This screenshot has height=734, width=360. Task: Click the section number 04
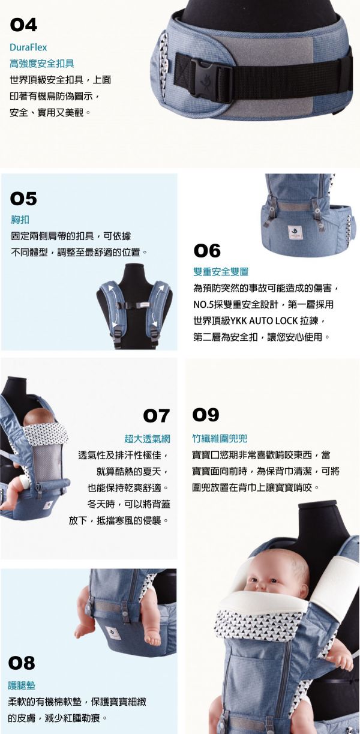(x=24, y=25)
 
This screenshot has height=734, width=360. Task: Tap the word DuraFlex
(x=28, y=47)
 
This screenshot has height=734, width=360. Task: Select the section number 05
(x=24, y=198)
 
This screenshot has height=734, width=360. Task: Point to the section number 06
(x=207, y=251)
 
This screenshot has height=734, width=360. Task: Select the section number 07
(x=157, y=415)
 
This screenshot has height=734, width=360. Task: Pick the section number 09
(x=206, y=415)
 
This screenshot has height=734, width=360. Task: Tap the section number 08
(x=22, y=663)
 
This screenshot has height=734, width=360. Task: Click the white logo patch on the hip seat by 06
(x=294, y=231)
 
